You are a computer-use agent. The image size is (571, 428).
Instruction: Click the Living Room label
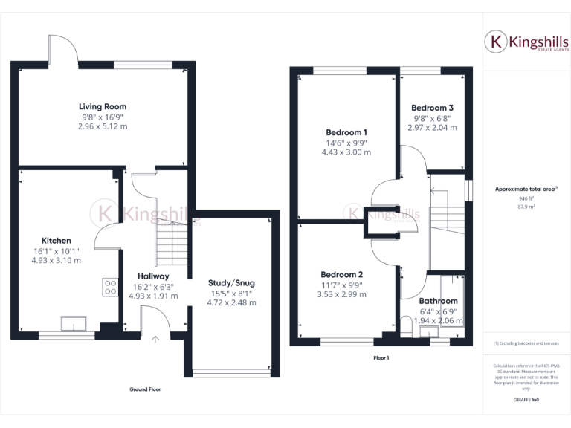click(x=103, y=106)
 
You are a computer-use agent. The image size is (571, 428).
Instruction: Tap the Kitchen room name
click(x=57, y=241)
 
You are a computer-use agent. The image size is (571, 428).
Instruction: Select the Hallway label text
click(x=152, y=276)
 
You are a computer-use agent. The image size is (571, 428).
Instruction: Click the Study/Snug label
click(x=232, y=282)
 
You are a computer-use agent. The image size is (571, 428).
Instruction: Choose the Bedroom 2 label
click(x=342, y=273)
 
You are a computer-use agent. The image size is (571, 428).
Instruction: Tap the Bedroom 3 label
click(x=433, y=108)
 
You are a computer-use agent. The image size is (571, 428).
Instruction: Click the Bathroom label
click(x=438, y=301)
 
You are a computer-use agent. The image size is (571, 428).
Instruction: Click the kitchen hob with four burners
click(x=111, y=287)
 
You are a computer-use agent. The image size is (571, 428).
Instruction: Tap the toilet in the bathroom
click(x=405, y=325)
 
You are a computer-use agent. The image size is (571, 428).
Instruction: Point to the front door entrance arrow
click(x=155, y=340)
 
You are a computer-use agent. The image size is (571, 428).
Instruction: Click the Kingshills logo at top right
click(x=526, y=42)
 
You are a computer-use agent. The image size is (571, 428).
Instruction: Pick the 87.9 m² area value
click(x=526, y=207)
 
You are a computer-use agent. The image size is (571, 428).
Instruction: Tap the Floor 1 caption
click(x=381, y=357)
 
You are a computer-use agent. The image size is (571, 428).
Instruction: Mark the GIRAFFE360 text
click(x=526, y=400)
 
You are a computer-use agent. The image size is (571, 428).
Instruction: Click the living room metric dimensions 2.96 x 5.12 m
click(x=103, y=126)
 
